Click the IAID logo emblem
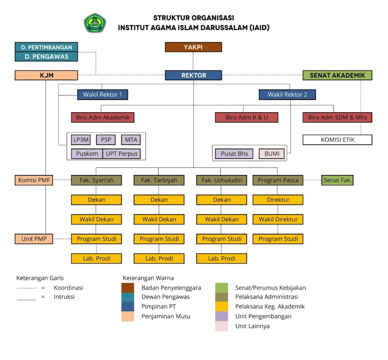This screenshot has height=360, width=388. click(95, 23)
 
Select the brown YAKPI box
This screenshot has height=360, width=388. click(193, 47)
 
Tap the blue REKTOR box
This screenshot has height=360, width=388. click(193, 75)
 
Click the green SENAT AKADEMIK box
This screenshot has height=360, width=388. click(337, 75)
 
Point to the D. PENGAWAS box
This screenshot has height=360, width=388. click(47, 56)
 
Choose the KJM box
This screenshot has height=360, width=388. click(47, 75)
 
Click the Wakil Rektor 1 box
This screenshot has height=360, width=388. click(102, 94)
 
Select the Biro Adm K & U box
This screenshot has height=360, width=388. click(247, 117)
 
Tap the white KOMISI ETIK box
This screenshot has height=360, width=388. click(337, 139)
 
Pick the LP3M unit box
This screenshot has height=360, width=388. click(81, 139)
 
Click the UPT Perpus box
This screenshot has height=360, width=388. click(122, 153)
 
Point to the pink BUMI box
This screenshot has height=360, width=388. click(272, 153)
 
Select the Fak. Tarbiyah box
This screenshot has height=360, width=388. click(159, 180)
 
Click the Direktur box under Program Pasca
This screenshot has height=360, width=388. click(278, 200)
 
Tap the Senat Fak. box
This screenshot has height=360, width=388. click(337, 180)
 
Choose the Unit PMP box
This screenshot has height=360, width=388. click(34, 239)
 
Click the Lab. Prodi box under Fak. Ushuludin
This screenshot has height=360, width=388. click(222, 258)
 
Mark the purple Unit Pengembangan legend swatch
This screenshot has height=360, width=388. click(222, 316)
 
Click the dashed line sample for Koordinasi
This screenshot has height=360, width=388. click(27, 288)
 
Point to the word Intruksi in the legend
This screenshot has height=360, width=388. click(64, 297)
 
